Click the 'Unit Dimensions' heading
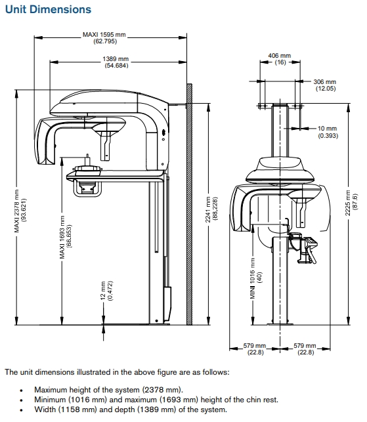point(48,9)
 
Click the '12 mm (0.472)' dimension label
point(106,291)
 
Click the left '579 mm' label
point(255,348)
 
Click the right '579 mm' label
point(306,348)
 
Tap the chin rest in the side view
point(86,171)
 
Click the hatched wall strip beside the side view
point(188,203)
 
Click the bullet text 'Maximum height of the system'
point(108,389)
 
